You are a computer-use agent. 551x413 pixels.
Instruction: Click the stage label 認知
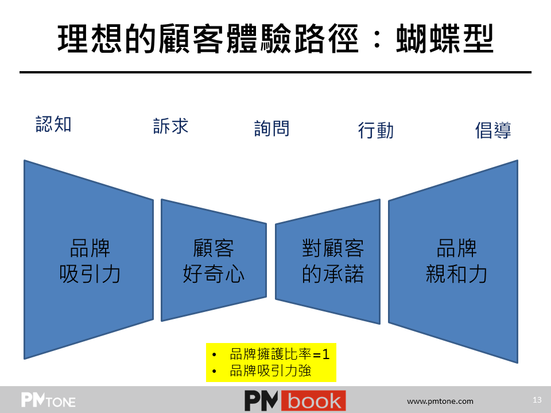(54, 124)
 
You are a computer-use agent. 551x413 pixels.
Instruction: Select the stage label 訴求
(171, 126)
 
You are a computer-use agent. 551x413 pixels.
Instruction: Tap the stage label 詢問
(272, 128)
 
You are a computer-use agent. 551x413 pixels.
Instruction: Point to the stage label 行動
(375, 130)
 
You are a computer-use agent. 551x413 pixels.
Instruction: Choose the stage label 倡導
(493, 130)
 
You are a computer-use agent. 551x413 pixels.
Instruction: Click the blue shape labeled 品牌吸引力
(88, 260)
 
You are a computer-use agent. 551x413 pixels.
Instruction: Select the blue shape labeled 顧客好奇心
(214, 260)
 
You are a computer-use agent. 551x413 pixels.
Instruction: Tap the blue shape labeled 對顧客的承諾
(328, 262)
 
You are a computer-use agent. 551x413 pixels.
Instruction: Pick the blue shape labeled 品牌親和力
(453, 262)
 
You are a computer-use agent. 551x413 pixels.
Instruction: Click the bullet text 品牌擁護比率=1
(280, 354)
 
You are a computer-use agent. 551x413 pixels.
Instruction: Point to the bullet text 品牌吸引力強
(270, 371)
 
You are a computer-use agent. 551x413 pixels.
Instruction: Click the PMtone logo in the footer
(48, 400)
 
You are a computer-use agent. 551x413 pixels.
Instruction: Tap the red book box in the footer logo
(313, 401)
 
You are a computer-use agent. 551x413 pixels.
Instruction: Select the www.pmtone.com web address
(440, 401)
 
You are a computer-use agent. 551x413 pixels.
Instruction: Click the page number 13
(537, 400)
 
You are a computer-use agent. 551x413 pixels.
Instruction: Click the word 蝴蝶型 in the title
(445, 39)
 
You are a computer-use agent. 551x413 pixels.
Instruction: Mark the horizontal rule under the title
(275, 72)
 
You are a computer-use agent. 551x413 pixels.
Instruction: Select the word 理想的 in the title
(107, 39)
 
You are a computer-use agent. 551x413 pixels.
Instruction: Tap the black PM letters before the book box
(261, 401)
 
